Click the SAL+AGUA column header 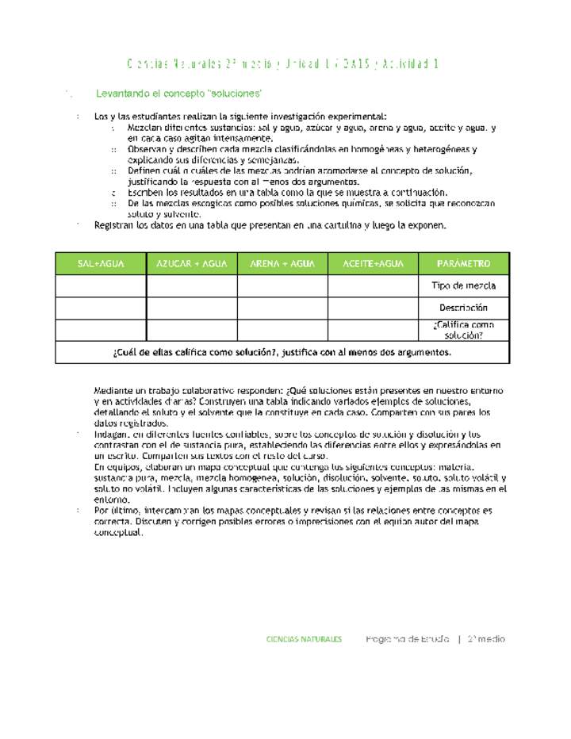pos(101,263)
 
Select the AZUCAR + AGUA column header pos(192,263)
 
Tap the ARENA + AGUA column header pos(282,263)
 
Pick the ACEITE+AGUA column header pos(374,263)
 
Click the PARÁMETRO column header pos(464,263)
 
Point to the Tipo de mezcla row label pos(464,285)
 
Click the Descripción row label pos(464,308)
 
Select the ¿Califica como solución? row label pos(464,330)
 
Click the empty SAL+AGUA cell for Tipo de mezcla pos(101,285)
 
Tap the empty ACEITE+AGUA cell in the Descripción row pos(374,308)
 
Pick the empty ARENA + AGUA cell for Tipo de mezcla pos(282,285)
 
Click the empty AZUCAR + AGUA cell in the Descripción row pos(192,308)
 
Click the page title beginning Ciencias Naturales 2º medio pos(283,63)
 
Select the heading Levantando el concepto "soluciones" pos(178,94)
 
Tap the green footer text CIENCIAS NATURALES pos(304,639)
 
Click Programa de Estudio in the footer pos(407,639)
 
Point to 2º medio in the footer pos(486,639)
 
